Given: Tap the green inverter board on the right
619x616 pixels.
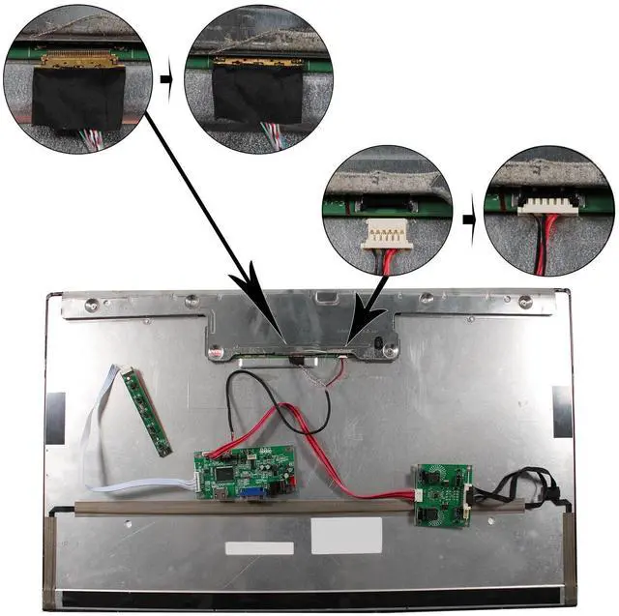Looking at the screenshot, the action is click(442, 493).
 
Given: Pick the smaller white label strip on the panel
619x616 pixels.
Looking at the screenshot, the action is click(259, 548).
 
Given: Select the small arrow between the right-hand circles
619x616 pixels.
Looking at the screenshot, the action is click(468, 219).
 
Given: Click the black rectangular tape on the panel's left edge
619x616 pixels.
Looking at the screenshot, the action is click(56, 413).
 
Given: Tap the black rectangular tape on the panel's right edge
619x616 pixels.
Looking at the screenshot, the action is click(561, 410).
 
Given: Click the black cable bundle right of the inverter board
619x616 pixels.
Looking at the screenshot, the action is click(522, 489).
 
